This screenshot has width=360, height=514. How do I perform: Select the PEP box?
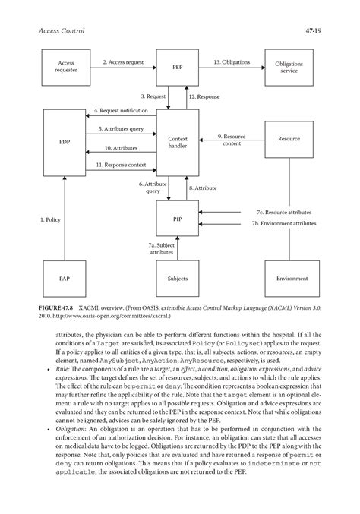pyautogui.click(x=177, y=68)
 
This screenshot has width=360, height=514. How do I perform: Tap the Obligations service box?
pyautogui.click(x=289, y=68)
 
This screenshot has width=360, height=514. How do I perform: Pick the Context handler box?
pyautogui.click(x=177, y=142)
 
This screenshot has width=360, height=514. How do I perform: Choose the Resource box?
pyautogui.click(x=289, y=139)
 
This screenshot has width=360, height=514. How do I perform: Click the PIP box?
pyautogui.click(x=177, y=218)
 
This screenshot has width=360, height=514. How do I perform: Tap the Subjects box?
pyautogui.click(x=177, y=279)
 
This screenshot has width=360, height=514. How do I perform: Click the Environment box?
pyautogui.click(x=289, y=279)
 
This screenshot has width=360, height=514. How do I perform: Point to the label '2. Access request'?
pyautogui.click(x=122, y=61)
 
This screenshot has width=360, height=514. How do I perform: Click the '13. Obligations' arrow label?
pyautogui.click(x=231, y=61)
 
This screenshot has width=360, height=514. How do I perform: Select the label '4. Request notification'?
pyautogui.click(x=121, y=111)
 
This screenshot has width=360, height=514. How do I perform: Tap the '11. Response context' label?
pyautogui.click(x=121, y=164)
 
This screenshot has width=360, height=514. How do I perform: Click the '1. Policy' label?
pyautogui.click(x=50, y=219)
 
